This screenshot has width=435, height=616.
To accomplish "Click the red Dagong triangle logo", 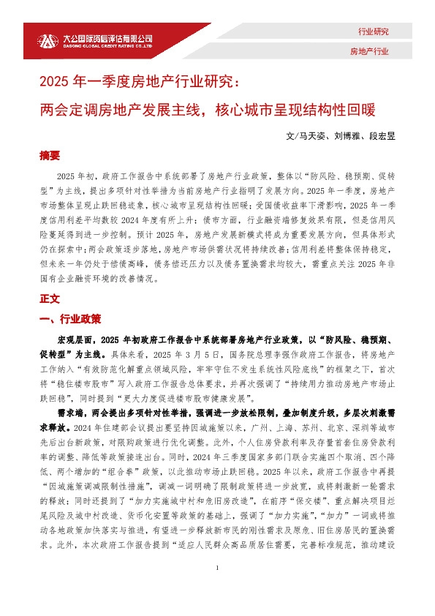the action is [48, 41].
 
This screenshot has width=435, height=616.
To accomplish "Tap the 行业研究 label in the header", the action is [373, 31].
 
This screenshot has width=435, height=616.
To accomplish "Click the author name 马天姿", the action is [312, 137].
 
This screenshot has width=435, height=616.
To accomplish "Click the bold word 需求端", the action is [70, 413].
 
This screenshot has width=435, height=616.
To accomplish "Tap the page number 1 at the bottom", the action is [218, 589].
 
